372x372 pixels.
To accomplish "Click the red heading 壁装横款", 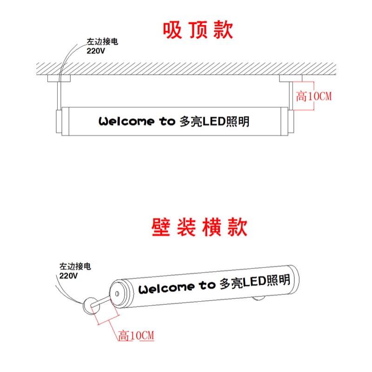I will pos(199,228).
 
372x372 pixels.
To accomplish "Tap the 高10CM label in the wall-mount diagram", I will pos(136,335).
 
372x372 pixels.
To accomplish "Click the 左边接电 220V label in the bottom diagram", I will pos(74,271).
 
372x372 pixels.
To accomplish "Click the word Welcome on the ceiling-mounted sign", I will pos(126,122).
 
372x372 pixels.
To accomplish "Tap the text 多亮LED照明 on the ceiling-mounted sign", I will pos(214,121).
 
